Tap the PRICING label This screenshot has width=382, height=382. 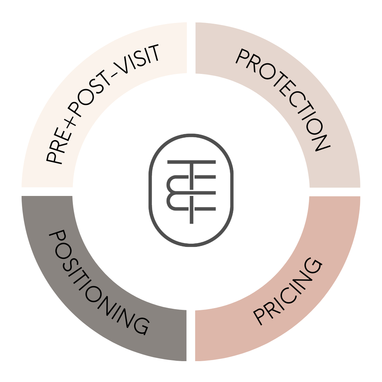coord(288,291)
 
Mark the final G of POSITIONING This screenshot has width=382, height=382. coord(141,326)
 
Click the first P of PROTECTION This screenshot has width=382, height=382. coord(242,56)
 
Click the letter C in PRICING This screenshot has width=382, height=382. coord(290,294)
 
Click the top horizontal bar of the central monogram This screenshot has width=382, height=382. coord(191,162)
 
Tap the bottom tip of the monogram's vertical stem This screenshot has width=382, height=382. coord(191,223)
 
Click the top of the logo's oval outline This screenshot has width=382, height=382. coord(191,135)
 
